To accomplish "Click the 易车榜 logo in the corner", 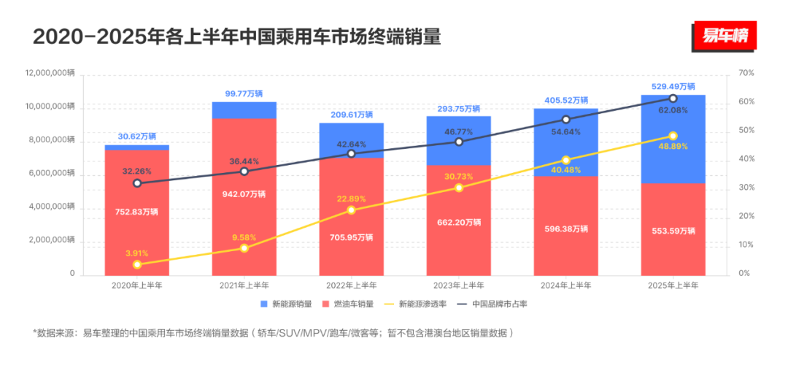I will point(725,36).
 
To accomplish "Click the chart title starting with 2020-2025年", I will point(237,36).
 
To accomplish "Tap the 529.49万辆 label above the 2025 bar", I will point(673,86).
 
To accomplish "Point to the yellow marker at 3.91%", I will point(137,264).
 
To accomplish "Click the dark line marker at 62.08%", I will point(673,99).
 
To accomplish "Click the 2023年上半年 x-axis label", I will point(459,285).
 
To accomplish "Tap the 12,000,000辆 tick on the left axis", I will point(50,74).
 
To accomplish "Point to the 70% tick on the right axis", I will point(746,74).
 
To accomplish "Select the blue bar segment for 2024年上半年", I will point(566,142).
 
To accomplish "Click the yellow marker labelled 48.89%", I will point(673,136).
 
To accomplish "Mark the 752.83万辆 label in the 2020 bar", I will point(137,212).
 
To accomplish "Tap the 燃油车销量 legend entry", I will point(351,304).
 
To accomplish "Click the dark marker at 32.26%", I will point(137,183).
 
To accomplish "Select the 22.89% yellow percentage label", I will point(351,199).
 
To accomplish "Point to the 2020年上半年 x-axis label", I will point(137,285).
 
